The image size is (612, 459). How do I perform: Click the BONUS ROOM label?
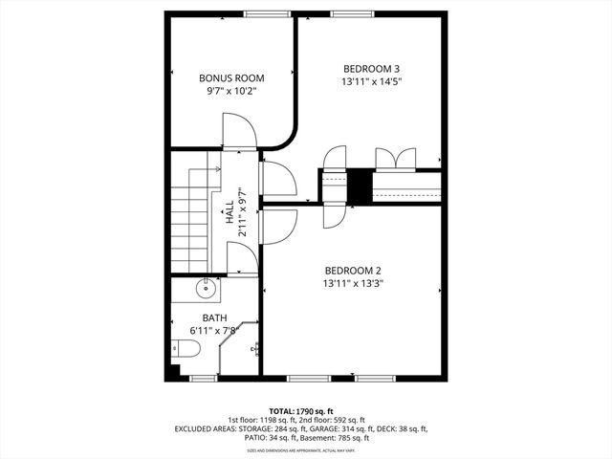(x=231, y=77)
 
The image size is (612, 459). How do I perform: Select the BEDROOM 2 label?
(x=353, y=269)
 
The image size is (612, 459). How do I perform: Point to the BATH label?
(x=215, y=317)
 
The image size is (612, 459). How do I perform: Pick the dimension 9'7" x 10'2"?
(x=231, y=92)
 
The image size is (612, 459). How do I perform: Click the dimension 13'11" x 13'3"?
(x=353, y=283)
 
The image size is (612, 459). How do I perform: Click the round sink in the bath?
(x=206, y=288)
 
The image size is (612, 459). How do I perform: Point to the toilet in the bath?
(x=187, y=353)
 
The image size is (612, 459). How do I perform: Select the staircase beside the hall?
(x=191, y=215)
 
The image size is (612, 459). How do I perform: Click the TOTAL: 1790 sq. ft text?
(x=306, y=409)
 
